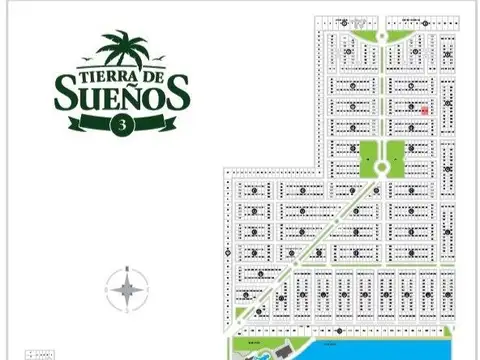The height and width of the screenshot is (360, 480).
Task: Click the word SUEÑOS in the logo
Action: tap(118, 96)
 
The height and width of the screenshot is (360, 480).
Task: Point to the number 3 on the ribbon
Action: tap(122, 125)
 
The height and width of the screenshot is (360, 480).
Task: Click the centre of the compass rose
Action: tap(127, 290)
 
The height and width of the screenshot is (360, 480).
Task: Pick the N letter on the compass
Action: tap(127, 266)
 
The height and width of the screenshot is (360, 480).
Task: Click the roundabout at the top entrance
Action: tap(381, 37)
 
